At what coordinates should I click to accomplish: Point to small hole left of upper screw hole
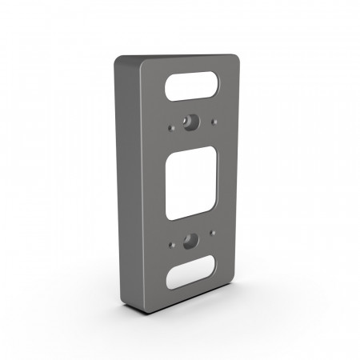pos(172,126)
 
